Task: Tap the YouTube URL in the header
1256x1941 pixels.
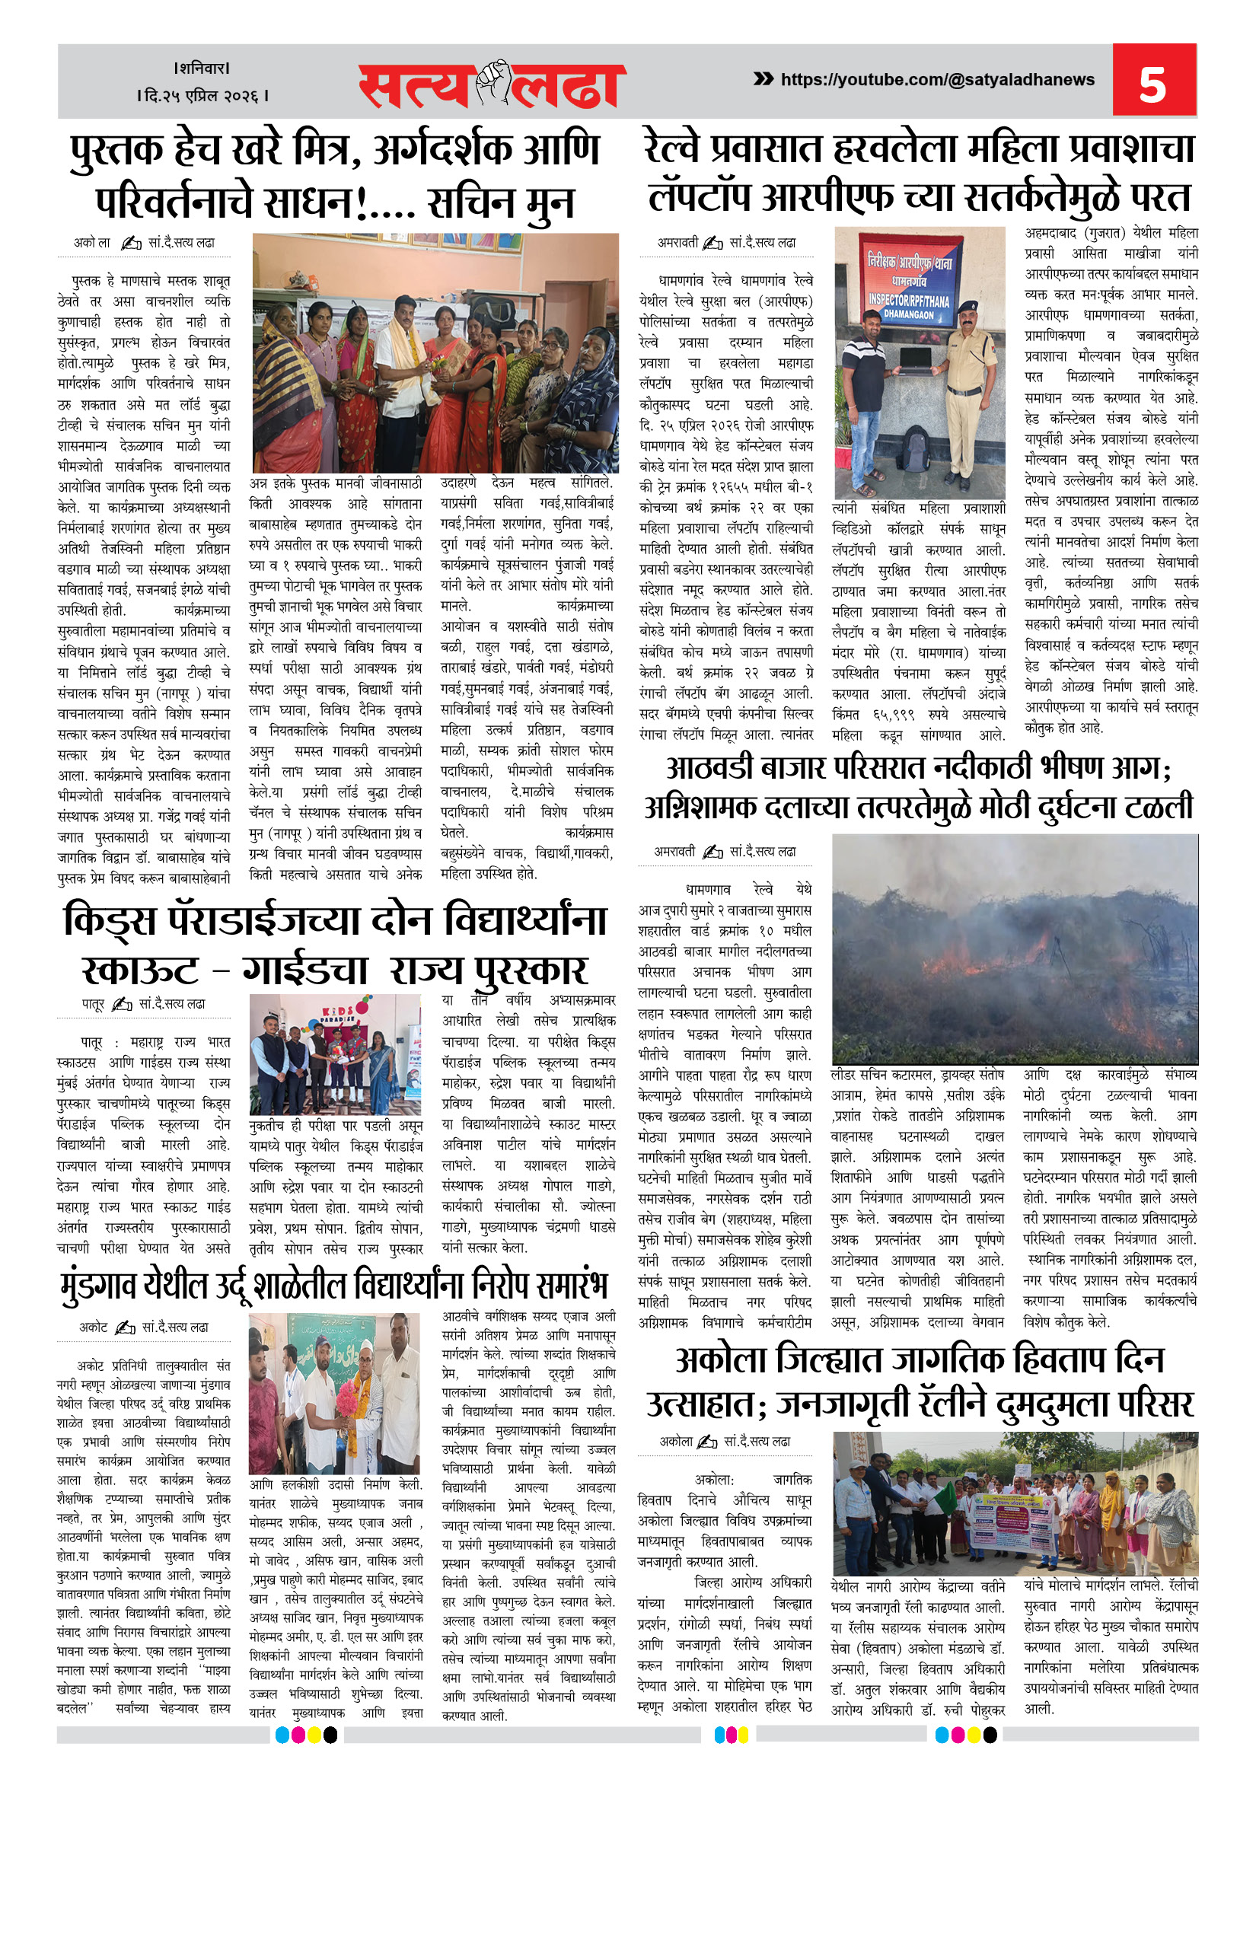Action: click(x=937, y=79)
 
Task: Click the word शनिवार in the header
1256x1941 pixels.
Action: click(x=202, y=68)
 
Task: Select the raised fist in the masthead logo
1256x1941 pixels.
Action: click(x=493, y=81)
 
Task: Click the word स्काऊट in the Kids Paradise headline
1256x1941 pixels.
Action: click(x=140, y=971)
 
